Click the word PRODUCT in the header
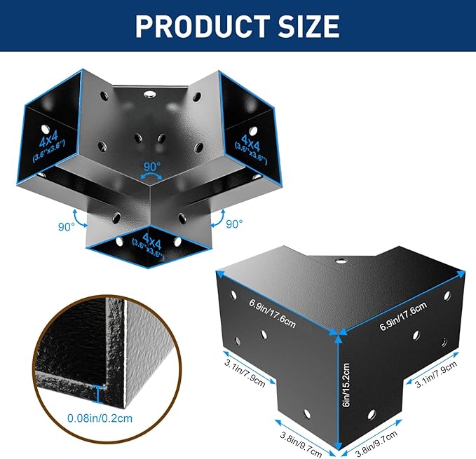pos(203,26)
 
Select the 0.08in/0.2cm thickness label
pos(100,418)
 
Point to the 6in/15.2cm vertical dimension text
pos(346,385)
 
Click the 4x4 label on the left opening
pos(48,140)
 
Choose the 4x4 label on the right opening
pos(251,142)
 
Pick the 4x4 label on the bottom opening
pos(152,240)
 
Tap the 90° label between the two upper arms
pos(152,167)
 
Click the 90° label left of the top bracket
pos(66,226)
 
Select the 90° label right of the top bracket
pos(234,224)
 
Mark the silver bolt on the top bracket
pos(149,94)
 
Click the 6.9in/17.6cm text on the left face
pos(272,313)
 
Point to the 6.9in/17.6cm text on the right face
pos(404,316)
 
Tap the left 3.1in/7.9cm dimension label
pos(245,373)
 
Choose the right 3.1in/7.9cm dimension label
pos(436,374)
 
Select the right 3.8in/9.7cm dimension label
pos(376,444)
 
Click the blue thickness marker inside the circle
pos(98,394)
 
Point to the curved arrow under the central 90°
pos(152,176)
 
